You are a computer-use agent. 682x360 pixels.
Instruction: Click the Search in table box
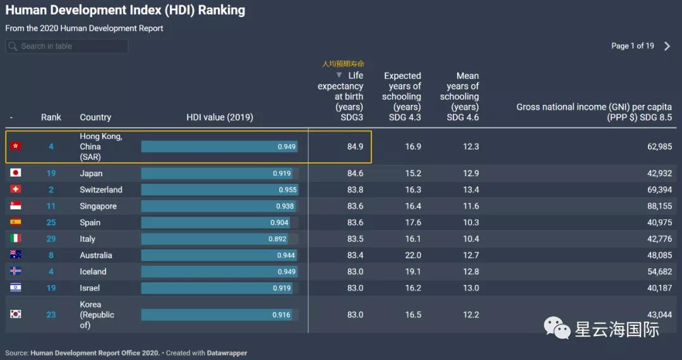coord(66,46)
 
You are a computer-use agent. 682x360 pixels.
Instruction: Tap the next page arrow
coord(667,46)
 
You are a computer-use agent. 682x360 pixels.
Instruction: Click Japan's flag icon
coord(16,173)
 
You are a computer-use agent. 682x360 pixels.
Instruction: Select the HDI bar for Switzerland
coord(219,189)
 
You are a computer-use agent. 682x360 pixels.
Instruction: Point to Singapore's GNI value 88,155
coord(656,206)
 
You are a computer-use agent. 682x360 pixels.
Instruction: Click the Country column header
coord(95,117)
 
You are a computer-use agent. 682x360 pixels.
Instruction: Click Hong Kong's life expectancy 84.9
coord(355,147)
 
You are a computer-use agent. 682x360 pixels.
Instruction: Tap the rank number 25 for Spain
coord(51,222)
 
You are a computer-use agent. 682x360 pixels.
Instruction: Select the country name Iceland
coord(93,272)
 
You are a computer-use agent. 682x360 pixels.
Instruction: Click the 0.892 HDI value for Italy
coord(277,239)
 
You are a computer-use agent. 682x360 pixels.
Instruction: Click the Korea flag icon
coord(16,314)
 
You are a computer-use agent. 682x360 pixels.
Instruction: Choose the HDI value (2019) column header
coord(220,117)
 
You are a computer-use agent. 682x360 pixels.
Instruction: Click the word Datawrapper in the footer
coord(228,353)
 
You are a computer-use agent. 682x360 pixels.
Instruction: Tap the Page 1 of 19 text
coord(632,46)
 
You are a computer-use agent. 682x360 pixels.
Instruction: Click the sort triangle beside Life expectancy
coord(339,75)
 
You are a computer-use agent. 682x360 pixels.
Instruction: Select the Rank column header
coord(51,117)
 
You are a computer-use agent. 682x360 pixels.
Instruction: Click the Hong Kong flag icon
coord(16,146)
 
